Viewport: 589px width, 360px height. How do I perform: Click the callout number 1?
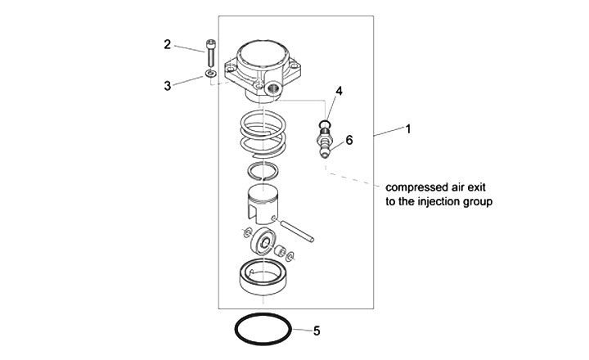tap(407, 129)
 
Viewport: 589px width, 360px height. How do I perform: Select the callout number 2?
tap(168, 44)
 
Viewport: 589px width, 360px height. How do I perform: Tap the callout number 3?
tap(168, 84)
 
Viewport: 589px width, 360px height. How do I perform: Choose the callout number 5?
tap(317, 331)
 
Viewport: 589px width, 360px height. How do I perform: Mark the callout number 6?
tap(349, 140)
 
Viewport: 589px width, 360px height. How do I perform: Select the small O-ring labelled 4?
tap(326, 125)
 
